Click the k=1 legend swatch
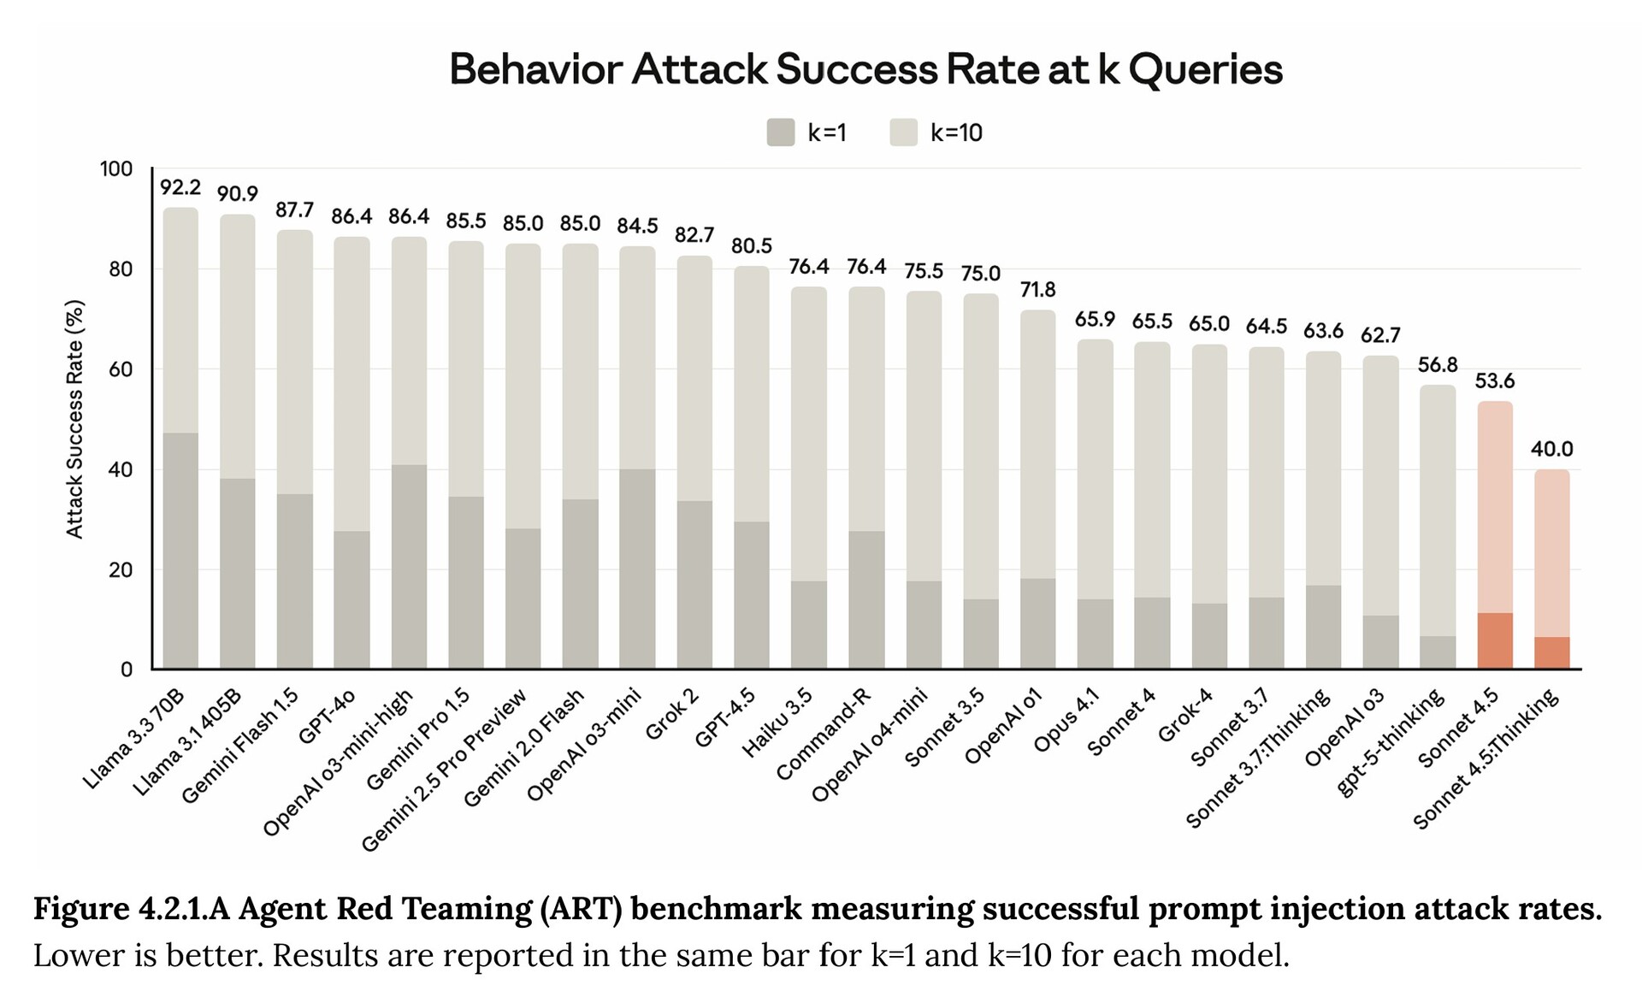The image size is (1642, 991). [x=781, y=133]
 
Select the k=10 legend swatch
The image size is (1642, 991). [x=903, y=133]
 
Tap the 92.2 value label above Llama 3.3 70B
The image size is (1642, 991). [x=180, y=187]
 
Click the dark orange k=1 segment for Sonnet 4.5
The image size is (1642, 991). [x=1495, y=640]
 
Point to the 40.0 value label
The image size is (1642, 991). [x=1551, y=449]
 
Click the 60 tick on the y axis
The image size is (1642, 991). [x=121, y=369]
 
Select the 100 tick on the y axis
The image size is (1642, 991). [x=116, y=169]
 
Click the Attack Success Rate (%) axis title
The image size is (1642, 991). [x=75, y=419]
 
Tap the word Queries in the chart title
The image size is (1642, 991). [x=1205, y=70]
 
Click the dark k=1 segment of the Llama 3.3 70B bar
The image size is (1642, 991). [x=180, y=551]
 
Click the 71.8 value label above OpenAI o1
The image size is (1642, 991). [x=1037, y=290]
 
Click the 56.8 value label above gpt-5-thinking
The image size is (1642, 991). [x=1438, y=365]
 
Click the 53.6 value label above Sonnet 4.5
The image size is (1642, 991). [x=1495, y=381]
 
